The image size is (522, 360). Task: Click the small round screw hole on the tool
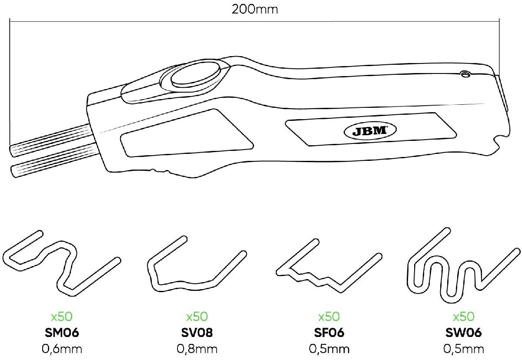[466, 75]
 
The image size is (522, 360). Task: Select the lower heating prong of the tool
[52, 160]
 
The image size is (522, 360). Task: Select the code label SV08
[197, 333]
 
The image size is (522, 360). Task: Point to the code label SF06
[329, 333]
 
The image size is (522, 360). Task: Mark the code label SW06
[463, 333]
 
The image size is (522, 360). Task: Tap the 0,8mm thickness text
[197, 349]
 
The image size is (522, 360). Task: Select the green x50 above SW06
[463, 317]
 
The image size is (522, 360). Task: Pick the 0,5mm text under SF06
[329, 349]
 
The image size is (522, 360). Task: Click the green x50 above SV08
[197, 317]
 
